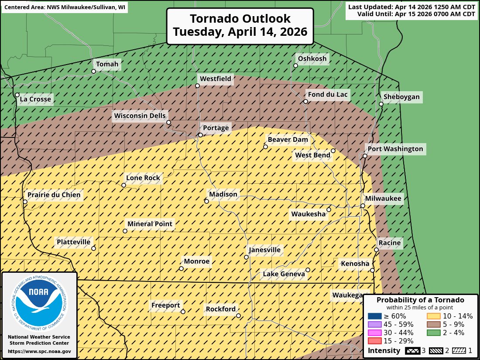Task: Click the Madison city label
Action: coord(223,194)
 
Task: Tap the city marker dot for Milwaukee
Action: coord(363,206)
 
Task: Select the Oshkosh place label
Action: coord(312,59)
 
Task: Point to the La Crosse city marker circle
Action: coord(17,95)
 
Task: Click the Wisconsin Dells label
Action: coord(140,116)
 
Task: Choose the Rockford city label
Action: coord(221,309)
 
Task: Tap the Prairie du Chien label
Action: coord(54,195)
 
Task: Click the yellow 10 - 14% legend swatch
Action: coord(433,316)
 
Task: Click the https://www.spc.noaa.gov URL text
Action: coord(39,351)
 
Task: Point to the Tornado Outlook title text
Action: coord(240,26)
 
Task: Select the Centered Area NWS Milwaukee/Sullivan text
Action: coord(65,8)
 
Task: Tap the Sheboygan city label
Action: coord(401,97)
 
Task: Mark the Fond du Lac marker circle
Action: coord(306,101)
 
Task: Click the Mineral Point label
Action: coord(150,224)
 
